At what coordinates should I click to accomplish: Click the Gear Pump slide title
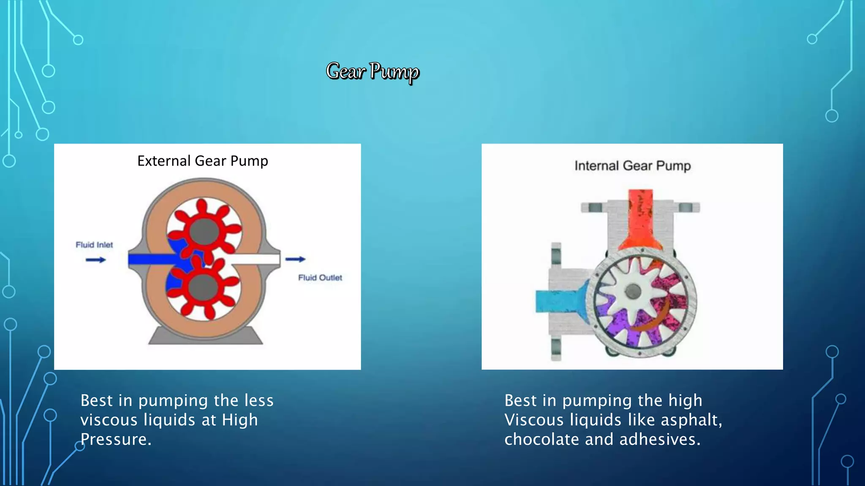coord(372,71)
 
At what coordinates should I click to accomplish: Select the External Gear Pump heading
coord(202,161)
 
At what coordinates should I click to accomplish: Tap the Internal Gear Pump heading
coord(632,166)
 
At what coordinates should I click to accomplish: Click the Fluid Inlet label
coord(94,245)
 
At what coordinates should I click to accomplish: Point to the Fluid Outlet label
coord(320,278)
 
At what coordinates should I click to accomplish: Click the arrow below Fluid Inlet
coord(95,260)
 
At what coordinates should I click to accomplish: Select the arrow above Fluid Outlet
coord(295,259)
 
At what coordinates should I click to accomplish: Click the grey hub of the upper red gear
coord(204,231)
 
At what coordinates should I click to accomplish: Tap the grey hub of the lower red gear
coord(204,288)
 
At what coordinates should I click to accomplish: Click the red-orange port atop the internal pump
coord(640,219)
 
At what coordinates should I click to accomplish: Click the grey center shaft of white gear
coord(632,291)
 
